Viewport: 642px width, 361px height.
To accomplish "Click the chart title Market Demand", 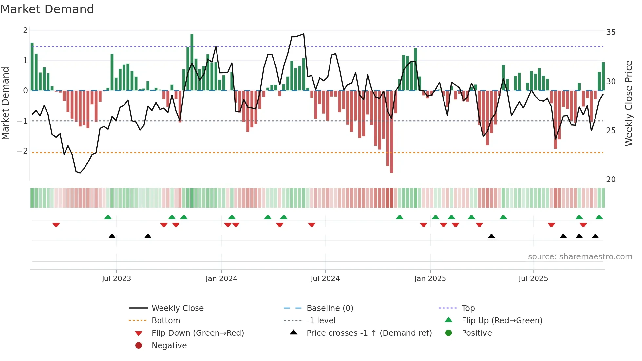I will click(47, 9).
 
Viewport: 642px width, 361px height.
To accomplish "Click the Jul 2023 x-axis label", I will click(116, 279).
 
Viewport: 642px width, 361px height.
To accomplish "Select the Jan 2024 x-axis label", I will click(221, 279).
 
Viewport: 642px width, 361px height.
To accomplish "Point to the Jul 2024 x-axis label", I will click(325, 279).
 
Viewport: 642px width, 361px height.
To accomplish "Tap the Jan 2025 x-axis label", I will click(430, 279).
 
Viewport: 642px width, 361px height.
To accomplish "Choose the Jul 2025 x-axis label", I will click(533, 279).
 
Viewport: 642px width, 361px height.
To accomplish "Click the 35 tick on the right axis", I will click(611, 32).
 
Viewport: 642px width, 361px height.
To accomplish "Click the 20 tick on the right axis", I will click(611, 180).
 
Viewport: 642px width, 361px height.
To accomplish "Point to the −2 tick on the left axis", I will click(22, 151).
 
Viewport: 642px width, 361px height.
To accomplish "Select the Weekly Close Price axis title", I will click(628, 103).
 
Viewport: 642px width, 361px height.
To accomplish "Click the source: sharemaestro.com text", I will click(580, 257).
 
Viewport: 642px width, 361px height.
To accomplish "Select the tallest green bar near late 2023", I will click(192, 62).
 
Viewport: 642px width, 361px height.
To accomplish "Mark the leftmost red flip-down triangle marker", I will click(56, 225).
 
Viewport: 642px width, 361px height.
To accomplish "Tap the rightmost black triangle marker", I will click(595, 236).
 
